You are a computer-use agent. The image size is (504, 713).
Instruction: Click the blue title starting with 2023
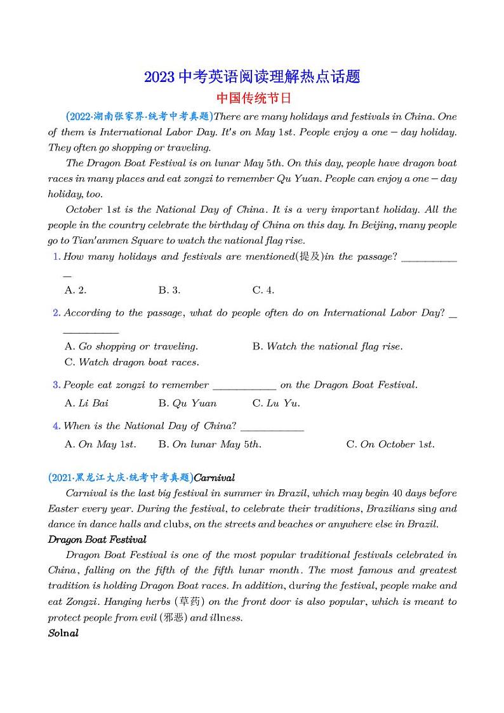coord(252,77)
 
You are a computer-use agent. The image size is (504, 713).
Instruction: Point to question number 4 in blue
coord(56,426)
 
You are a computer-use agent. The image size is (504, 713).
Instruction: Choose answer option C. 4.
coord(263,290)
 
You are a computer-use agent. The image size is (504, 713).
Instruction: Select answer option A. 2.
coord(76,290)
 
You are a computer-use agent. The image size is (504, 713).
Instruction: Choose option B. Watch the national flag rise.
coord(327,346)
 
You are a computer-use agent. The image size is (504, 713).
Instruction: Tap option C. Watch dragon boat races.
coord(131,362)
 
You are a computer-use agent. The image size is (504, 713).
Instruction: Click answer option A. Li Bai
coord(86,403)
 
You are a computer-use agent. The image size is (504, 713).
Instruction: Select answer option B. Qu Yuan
coord(187,403)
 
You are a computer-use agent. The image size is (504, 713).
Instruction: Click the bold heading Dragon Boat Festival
coord(97,540)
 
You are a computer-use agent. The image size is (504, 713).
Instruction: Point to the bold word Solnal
coord(63,633)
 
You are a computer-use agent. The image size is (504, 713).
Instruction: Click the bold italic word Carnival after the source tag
coord(214,477)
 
